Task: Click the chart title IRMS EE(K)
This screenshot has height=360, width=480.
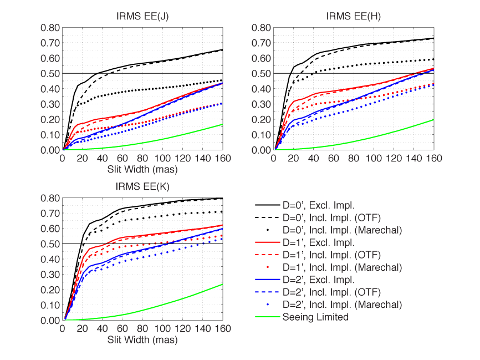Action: pos(143,186)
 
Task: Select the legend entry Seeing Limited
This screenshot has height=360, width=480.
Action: pos(315,317)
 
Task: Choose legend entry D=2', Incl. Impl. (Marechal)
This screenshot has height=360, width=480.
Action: pos(342,305)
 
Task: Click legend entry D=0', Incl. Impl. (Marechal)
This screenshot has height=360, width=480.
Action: pos(342,230)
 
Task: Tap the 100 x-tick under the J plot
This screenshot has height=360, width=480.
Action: pos(163,158)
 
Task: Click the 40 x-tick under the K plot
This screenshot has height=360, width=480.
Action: pos(103,328)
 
